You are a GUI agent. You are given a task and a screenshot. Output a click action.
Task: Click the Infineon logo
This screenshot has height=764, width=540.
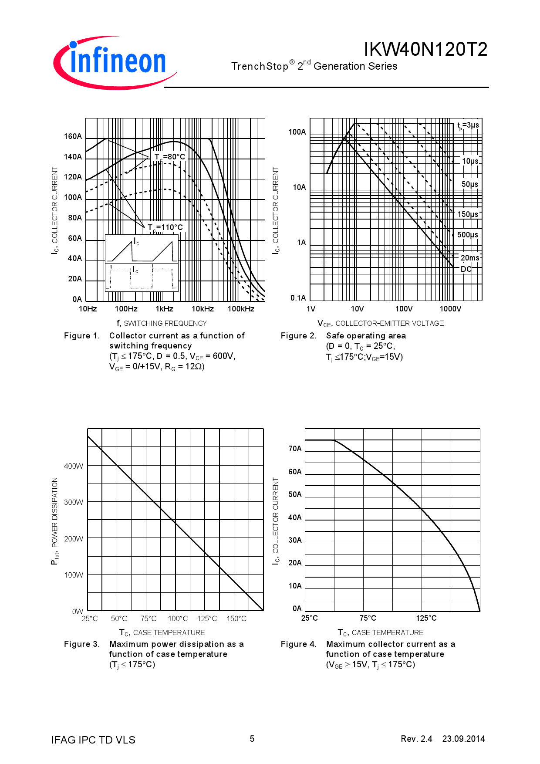pos(114,62)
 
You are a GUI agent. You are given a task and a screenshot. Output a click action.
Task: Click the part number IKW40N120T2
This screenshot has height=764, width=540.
pos(425,50)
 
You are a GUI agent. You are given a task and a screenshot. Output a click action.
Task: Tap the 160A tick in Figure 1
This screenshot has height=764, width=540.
pos(73,136)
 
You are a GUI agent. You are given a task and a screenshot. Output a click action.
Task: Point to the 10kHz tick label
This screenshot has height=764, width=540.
pos(202,309)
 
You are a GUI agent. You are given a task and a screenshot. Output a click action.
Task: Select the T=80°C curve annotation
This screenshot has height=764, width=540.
pos(169,157)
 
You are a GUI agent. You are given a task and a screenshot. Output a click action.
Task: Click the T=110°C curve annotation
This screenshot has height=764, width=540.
pos(165,227)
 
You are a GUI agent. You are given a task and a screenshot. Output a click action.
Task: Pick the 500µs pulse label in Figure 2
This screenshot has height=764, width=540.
pos(467,235)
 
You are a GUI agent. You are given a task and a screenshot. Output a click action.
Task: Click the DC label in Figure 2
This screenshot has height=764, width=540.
pos(466,269)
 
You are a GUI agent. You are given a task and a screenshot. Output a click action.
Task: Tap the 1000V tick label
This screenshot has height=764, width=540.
pos(450,309)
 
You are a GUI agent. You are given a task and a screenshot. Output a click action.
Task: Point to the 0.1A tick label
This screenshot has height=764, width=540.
pos(298,298)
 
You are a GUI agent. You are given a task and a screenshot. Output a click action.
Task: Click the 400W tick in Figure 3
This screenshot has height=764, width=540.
pos(74,466)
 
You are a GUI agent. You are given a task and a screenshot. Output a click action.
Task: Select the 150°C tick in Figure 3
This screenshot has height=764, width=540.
pos(236,619)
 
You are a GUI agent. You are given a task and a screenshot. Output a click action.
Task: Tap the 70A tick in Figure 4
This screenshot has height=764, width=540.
pos(295,449)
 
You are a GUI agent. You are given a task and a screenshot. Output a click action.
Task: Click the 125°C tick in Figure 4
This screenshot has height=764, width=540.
pos(426,618)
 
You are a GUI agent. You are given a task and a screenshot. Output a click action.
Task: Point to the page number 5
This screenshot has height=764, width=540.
pos(252,739)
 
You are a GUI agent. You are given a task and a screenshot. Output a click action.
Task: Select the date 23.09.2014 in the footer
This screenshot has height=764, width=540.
pos(463,739)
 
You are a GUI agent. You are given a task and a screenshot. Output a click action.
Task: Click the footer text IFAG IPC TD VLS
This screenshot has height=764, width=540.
pos(93,740)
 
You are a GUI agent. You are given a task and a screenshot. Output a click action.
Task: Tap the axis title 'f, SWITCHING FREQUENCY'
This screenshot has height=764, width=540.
pos(162,323)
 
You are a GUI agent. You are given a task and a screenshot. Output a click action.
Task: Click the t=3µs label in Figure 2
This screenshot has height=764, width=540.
pos(468,125)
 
